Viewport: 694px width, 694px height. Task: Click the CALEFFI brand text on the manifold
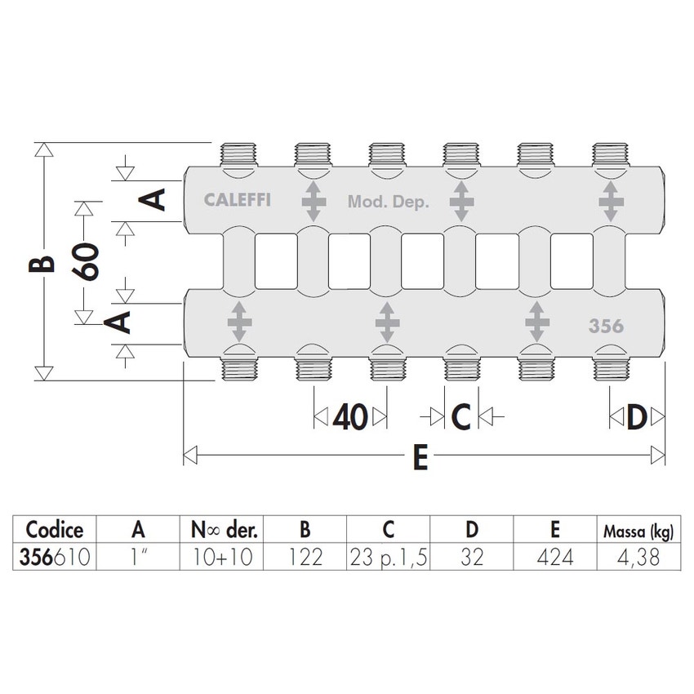[x=238, y=200]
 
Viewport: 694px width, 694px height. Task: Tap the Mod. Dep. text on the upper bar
[x=389, y=202]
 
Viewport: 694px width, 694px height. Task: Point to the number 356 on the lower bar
[x=606, y=327]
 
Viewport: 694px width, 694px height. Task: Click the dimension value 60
[x=85, y=261]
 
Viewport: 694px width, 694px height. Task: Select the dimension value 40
[x=350, y=417]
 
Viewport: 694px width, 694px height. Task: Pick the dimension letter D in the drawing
[x=637, y=417]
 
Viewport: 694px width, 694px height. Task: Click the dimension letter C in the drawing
[x=461, y=417]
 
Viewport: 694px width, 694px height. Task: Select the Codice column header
[x=55, y=529]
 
